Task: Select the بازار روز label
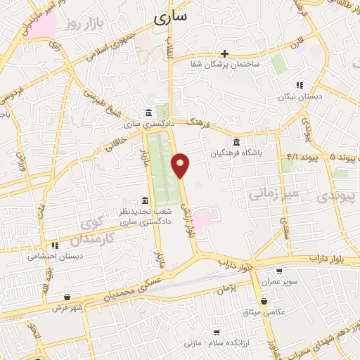(x=79, y=25)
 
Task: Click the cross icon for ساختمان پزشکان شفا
(x=224, y=53)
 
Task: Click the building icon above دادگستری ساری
(x=148, y=113)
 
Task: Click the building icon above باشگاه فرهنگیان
(x=236, y=141)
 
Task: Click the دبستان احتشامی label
(x=56, y=257)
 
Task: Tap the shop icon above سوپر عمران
(x=279, y=271)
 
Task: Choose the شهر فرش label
(x=67, y=307)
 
